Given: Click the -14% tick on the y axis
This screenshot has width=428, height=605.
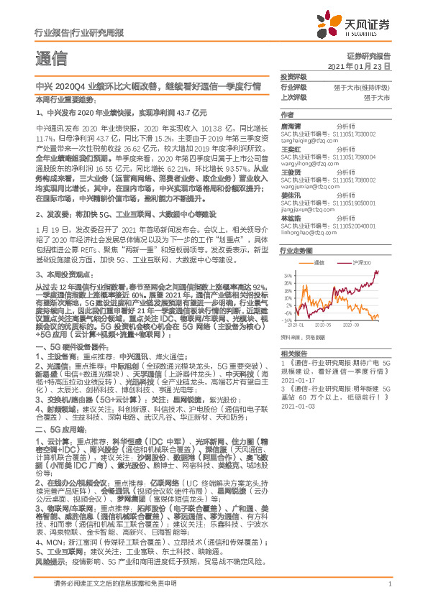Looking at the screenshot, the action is point(288,320).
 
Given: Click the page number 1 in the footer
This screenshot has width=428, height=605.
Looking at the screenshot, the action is point(389,584).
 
